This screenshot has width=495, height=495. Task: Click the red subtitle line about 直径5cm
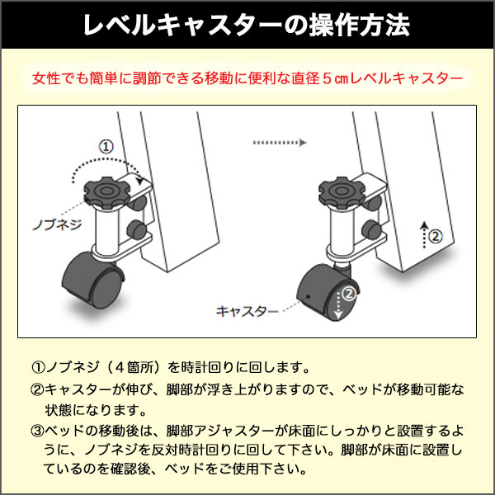[x=247, y=78]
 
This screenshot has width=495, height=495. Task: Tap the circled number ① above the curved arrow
[x=106, y=147]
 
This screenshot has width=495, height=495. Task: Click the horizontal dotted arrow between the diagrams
[x=280, y=143]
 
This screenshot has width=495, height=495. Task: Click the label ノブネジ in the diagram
[x=57, y=224]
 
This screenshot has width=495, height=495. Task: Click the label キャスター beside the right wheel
[x=247, y=311]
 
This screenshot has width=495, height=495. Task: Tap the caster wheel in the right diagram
[x=328, y=293]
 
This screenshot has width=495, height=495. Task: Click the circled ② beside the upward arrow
[x=436, y=236]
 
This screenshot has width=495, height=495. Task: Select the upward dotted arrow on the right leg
[x=425, y=234]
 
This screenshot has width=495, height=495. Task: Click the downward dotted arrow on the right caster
[x=338, y=305]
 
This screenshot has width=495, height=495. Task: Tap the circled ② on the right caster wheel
[x=349, y=294]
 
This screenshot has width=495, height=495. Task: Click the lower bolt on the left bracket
[x=136, y=229]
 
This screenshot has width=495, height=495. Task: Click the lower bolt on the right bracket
[x=371, y=229]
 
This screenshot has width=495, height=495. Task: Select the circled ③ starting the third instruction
[x=37, y=431]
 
